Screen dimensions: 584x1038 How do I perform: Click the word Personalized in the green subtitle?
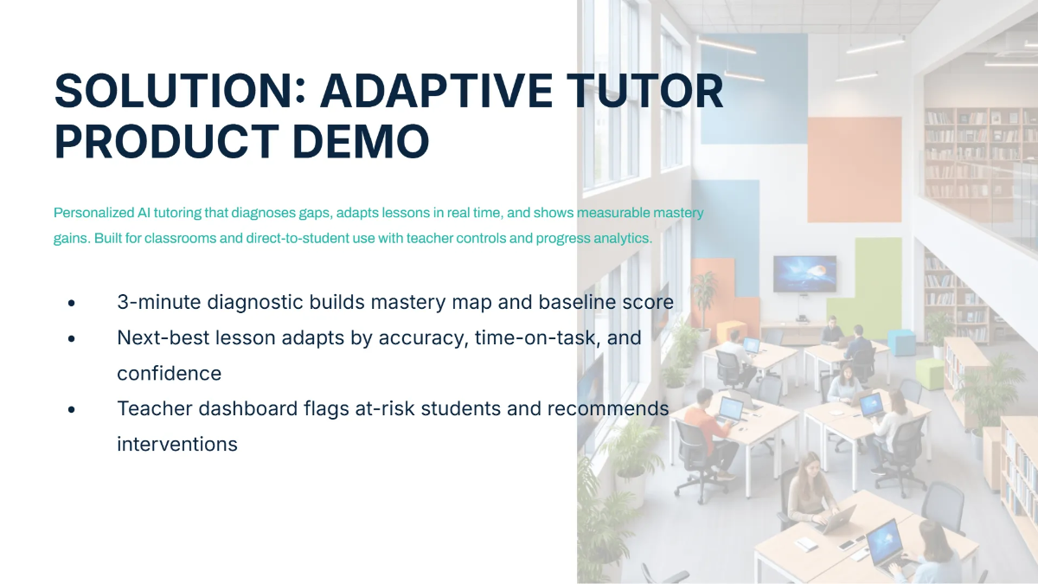[93, 213]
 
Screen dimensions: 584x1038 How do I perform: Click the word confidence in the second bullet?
[169, 373]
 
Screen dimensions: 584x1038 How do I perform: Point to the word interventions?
[176, 444]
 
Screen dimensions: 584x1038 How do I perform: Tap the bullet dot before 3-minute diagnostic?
[72, 303]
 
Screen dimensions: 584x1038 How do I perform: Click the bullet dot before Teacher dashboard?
[72, 409]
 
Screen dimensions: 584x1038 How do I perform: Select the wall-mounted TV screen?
[804, 273]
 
